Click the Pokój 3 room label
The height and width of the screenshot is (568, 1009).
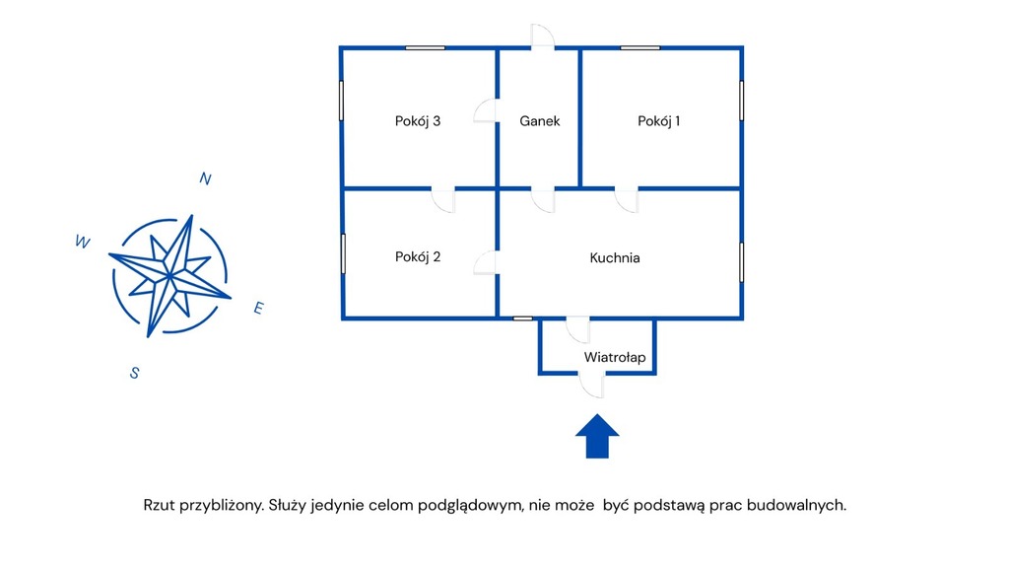[x=417, y=121]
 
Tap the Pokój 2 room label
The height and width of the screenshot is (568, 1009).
[x=417, y=257]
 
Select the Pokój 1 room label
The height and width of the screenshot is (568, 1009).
[x=659, y=121]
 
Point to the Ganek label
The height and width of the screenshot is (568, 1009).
[x=540, y=121]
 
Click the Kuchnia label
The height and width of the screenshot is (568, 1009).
[x=615, y=258]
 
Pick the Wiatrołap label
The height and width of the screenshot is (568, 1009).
[x=615, y=357]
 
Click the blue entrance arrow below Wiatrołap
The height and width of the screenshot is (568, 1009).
[x=596, y=436]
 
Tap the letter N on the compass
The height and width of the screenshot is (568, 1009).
[x=205, y=178]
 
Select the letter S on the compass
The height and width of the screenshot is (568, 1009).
[x=134, y=372]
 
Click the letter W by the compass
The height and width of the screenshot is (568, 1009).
[x=83, y=242]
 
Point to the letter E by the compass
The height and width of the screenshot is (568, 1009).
[x=258, y=309]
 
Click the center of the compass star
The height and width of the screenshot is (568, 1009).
[x=170, y=274]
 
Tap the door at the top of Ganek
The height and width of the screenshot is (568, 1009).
[x=542, y=37]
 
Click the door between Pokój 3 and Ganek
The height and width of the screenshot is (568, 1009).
[x=486, y=110]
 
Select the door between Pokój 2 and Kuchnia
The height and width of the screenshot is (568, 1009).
[x=486, y=262]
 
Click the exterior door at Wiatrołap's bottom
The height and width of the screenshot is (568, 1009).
[x=593, y=385]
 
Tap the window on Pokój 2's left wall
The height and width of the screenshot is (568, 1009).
[x=343, y=253]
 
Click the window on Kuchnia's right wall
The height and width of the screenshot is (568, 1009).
[x=741, y=259]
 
